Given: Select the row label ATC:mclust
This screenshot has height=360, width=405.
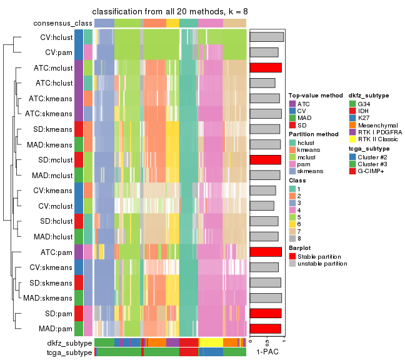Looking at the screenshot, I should tap(54, 67).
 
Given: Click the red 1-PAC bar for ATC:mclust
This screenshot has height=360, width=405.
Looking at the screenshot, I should tap(266, 67).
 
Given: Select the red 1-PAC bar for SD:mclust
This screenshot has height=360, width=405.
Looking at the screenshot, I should tap(265, 159).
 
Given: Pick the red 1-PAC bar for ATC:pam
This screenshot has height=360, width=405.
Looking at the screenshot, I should tap(266, 252).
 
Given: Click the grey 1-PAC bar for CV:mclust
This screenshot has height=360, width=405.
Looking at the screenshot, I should tap(262, 206).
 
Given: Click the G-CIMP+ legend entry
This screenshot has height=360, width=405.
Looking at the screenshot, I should tap(372, 171).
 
